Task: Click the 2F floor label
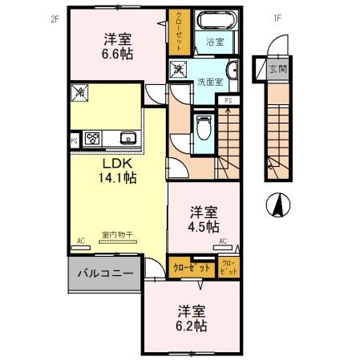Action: click(x=55, y=18)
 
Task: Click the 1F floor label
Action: click(x=278, y=18)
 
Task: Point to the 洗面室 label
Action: click(x=208, y=82)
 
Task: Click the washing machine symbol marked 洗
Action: click(x=178, y=70)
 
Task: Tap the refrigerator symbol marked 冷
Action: click(x=81, y=92)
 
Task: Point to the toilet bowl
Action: click(x=203, y=125)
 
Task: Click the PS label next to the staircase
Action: click(x=229, y=100)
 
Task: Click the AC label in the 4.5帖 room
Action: click(x=222, y=241)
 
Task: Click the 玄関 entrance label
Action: click(x=277, y=68)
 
